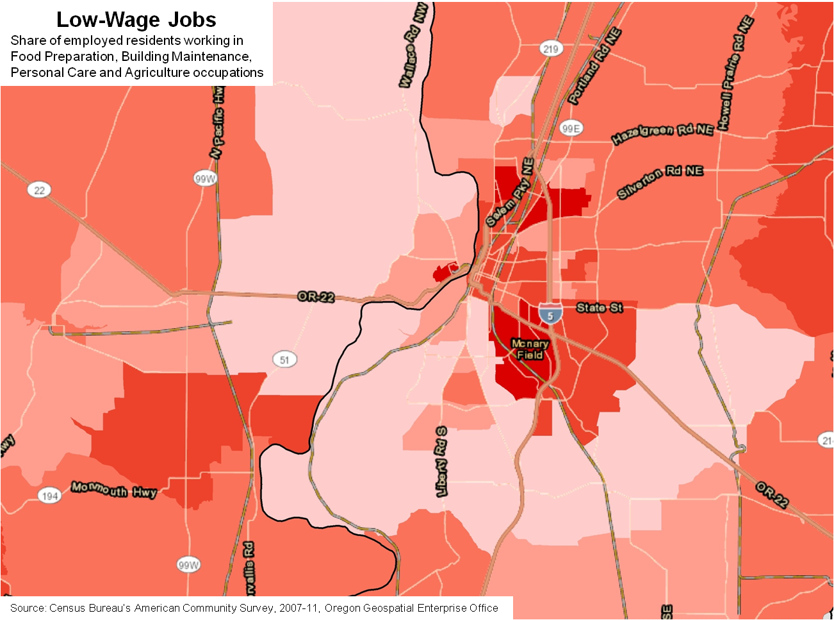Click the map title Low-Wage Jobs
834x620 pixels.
point(136,20)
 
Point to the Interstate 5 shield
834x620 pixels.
point(550,314)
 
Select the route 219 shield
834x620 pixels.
point(550,49)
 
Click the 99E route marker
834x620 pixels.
point(571,128)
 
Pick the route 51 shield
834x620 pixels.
point(284,359)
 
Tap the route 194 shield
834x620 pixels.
point(50,496)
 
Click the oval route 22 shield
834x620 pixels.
point(40,190)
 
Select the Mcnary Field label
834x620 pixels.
point(530,349)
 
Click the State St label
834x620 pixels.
point(599,308)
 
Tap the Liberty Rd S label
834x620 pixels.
point(442,462)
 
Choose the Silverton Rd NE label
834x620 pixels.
point(660,181)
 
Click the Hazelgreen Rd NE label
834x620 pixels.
point(662,134)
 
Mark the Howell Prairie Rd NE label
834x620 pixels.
point(734,74)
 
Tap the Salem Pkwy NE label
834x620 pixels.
point(510,194)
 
